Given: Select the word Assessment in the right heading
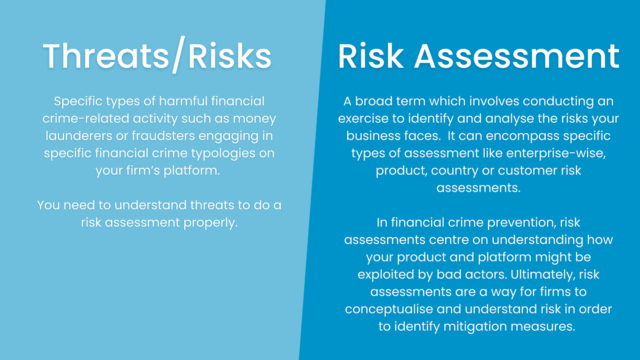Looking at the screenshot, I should (x=517, y=56).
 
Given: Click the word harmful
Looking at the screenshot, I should (x=183, y=102).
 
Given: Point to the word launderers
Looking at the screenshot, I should (x=79, y=136).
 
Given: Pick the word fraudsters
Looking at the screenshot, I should (x=163, y=136).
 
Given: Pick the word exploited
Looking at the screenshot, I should (x=385, y=275).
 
